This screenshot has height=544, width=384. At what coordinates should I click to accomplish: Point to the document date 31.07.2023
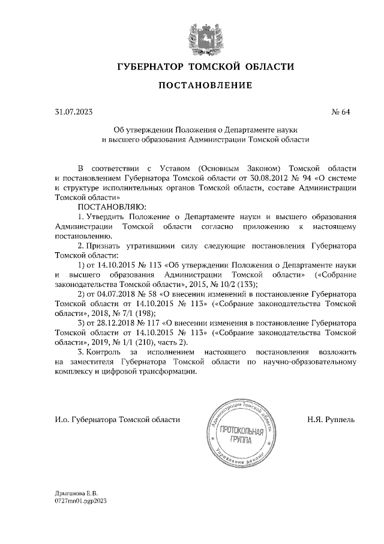click(74, 112)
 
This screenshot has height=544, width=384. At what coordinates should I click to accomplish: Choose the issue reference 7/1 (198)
click(136, 313)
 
